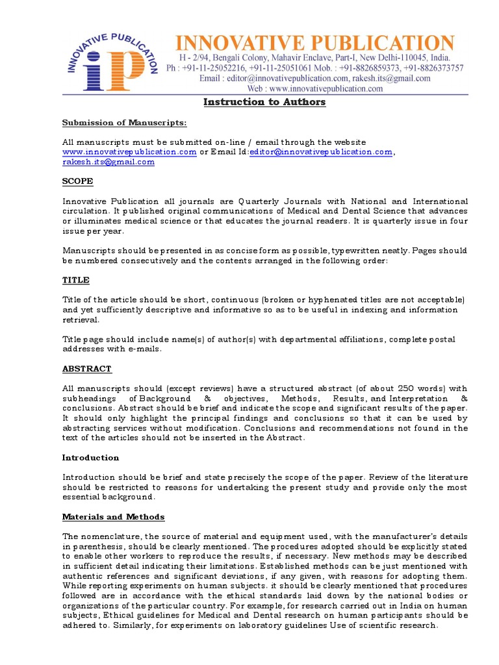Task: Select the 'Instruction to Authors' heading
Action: point(264,102)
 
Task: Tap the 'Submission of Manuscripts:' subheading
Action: point(124,123)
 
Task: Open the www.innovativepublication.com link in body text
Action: point(129,152)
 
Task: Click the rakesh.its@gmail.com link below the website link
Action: point(109,162)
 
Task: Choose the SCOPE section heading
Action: point(77,181)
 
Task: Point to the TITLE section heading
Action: point(75,280)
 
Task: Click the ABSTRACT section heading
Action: point(86,369)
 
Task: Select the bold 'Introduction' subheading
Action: point(90,458)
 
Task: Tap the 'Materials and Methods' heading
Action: point(113,517)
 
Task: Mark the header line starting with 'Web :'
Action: point(315,89)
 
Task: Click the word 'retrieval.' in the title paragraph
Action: point(81,320)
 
